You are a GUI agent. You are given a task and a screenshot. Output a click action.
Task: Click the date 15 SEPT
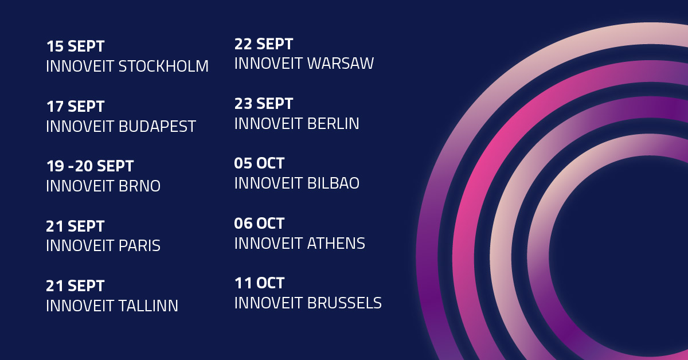(x=75, y=46)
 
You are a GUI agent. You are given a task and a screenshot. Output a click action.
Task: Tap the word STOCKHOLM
(x=163, y=66)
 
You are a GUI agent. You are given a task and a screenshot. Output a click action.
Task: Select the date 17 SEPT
(x=75, y=107)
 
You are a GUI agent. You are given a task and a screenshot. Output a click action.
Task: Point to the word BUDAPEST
(x=157, y=126)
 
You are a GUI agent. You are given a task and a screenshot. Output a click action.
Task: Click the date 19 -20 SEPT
(x=90, y=166)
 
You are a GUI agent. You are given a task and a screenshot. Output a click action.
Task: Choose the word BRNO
(x=139, y=186)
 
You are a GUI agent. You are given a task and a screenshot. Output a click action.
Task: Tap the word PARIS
(x=139, y=245)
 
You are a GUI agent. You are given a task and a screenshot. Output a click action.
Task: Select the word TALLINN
(x=148, y=306)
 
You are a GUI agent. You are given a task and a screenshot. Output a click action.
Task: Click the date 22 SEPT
(x=264, y=44)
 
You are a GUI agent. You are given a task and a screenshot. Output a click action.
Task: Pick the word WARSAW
(x=341, y=63)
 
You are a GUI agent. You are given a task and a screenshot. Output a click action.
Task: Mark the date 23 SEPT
(x=264, y=104)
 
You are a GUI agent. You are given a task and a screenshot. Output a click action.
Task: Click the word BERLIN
(x=333, y=123)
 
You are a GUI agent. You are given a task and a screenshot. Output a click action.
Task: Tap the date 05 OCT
(x=259, y=163)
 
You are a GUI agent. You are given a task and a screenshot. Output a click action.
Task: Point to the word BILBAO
(x=333, y=183)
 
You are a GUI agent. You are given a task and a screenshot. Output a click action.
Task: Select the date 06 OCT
(x=259, y=224)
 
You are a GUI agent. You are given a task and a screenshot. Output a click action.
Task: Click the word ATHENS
(x=336, y=243)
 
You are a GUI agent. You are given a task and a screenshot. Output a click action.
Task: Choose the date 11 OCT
(x=260, y=283)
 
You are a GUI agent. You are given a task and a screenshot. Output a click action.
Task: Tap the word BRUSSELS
(x=345, y=303)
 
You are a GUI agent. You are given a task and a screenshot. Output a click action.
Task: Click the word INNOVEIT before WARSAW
(x=268, y=63)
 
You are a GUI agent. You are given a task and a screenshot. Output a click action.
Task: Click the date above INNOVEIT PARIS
(x=75, y=226)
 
